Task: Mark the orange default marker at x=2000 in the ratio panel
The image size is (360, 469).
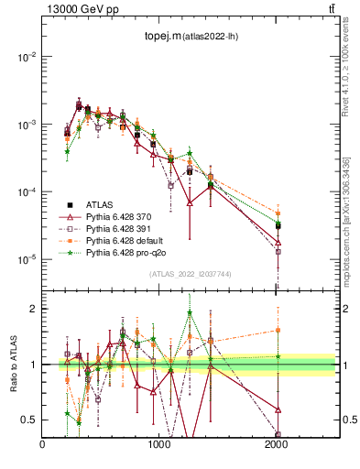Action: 278,330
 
